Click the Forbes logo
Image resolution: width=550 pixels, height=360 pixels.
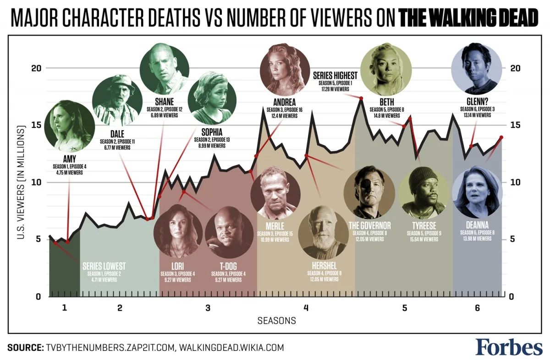pyautogui.click(x=508, y=347)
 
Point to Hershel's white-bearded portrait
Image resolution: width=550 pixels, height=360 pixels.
pyautogui.click(x=325, y=231)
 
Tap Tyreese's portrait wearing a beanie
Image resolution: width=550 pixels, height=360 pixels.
pyautogui.click(x=423, y=192)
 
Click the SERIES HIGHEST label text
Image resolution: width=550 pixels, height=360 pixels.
pyautogui.click(x=335, y=75)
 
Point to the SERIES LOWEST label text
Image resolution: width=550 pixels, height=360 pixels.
pyautogui.click(x=104, y=266)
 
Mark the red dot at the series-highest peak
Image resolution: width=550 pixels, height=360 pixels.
pyautogui.click(x=361, y=98)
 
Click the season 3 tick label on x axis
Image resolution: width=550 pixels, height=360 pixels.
pyautogui.click(x=208, y=308)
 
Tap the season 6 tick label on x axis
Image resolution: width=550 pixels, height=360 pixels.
pyautogui.click(x=477, y=308)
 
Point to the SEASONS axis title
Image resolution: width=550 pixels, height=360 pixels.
pyautogui.click(x=276, y=321)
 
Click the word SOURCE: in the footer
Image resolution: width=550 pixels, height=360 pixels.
pyautogui.click(x=25, y=347)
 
